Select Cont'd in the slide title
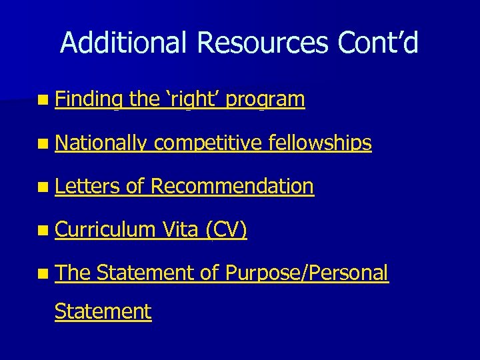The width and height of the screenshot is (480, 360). coord(378,43)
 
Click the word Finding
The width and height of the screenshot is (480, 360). coord(89,100)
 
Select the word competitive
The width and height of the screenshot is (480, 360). coord(208,143)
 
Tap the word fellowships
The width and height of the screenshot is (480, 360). coord(319,143)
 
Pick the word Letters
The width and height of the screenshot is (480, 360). coord(87,187)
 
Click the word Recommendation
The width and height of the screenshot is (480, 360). coord(232,187)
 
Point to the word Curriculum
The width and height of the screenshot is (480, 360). coord(105,230)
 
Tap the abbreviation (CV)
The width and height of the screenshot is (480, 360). coord(226,230)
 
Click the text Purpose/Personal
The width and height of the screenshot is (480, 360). coord(306,273)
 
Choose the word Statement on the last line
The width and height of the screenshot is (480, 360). coord(103,311)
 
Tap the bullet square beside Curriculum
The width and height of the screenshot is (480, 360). coord(43,231)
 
